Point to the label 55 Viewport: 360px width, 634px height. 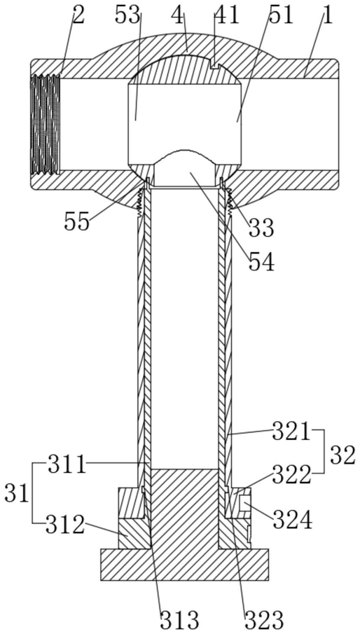[76, 221]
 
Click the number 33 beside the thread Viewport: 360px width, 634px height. [261, 227]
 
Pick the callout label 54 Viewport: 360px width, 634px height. [261, 261]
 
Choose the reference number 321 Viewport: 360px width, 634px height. [291, 432]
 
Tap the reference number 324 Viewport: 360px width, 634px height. [292, 519]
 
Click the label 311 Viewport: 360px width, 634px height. [67, 465]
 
